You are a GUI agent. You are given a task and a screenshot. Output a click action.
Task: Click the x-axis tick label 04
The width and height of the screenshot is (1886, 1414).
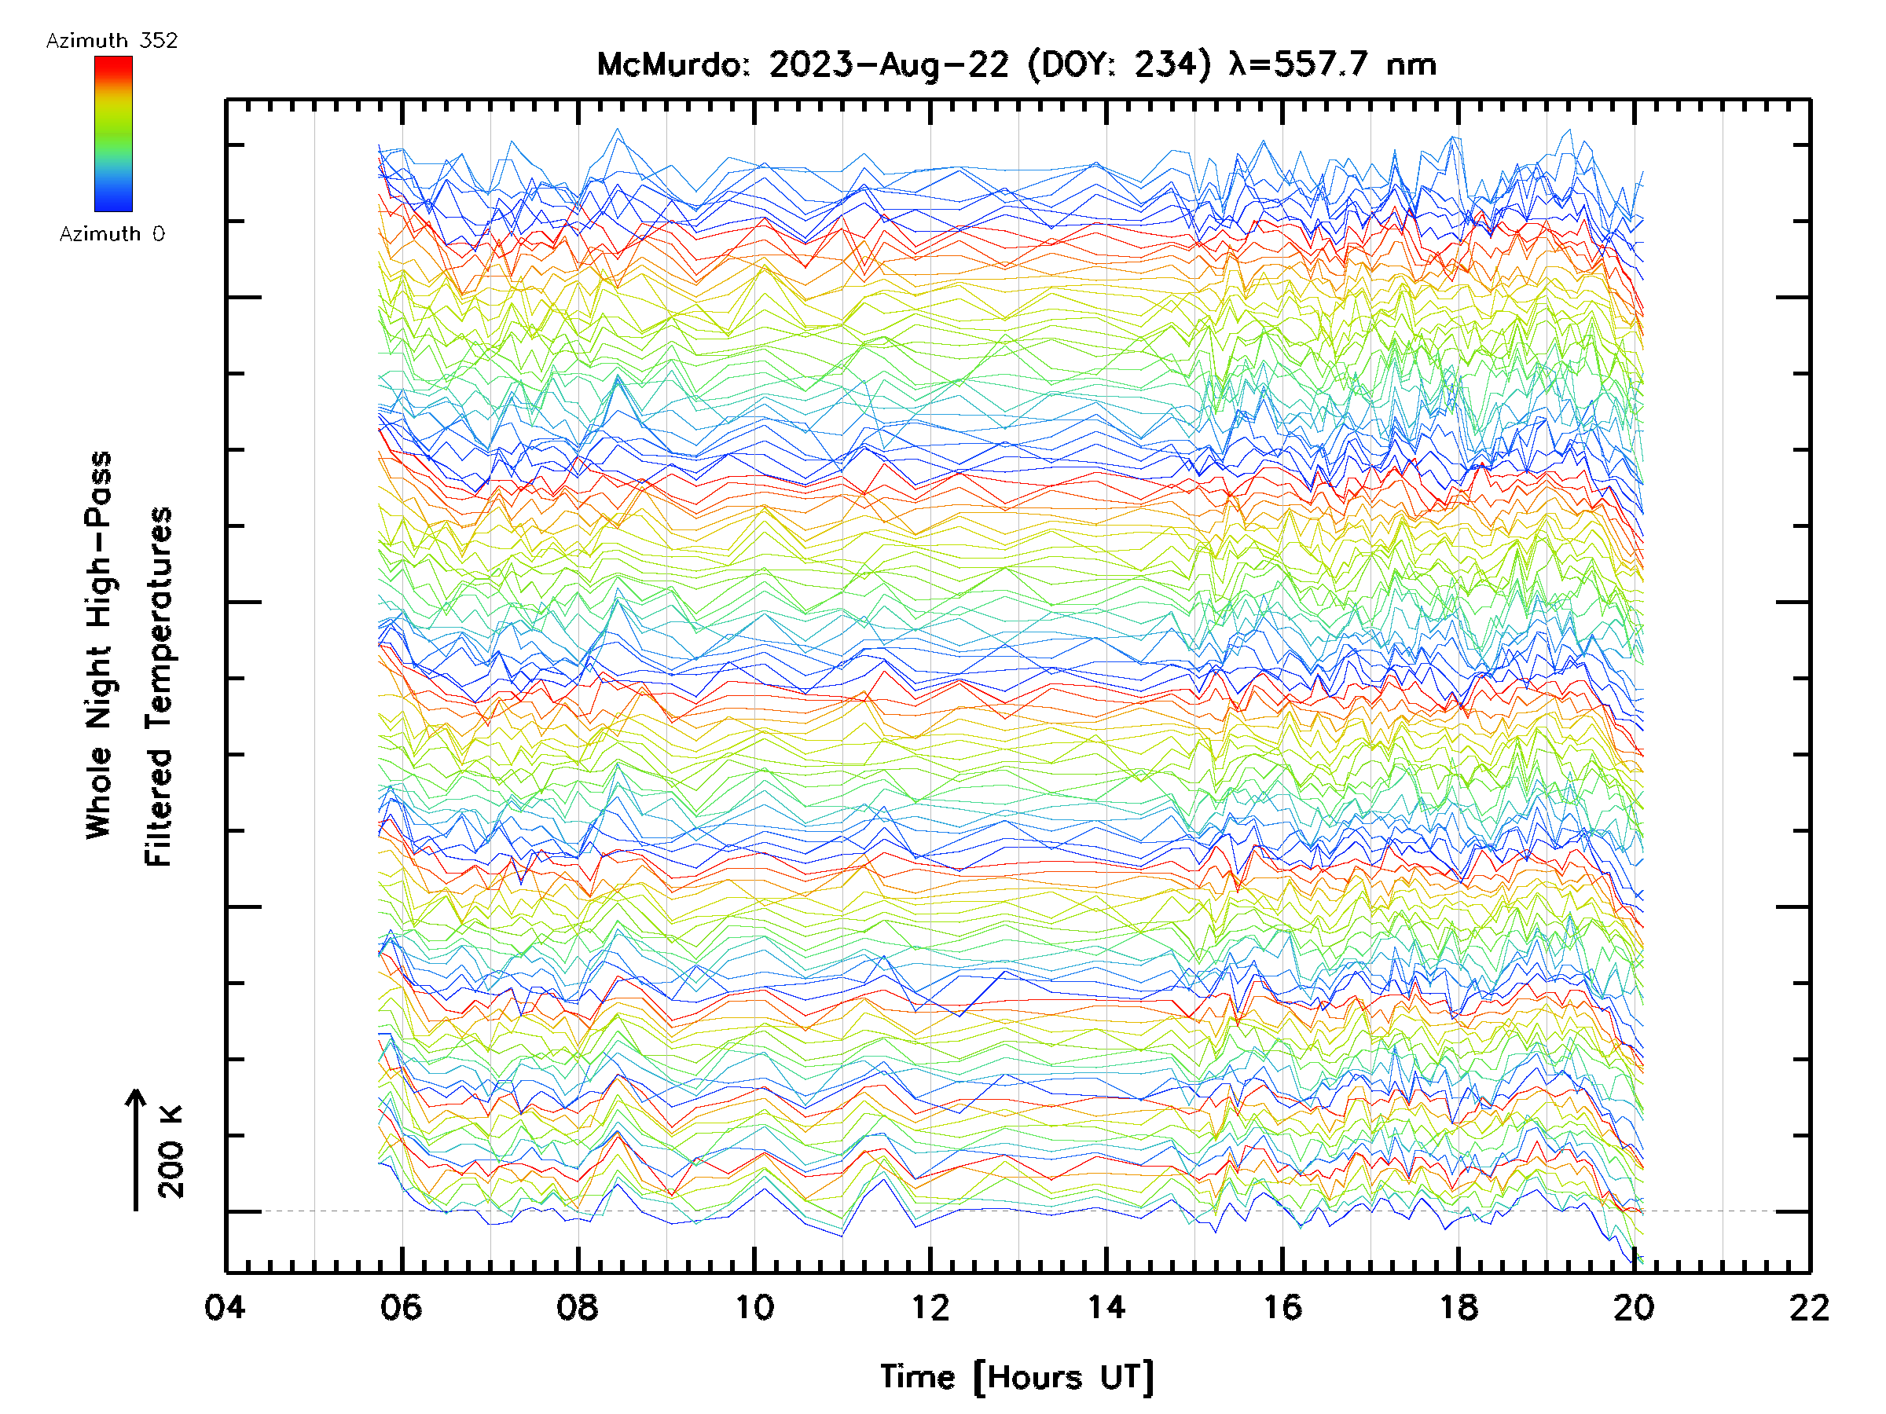[x=225, y=1307]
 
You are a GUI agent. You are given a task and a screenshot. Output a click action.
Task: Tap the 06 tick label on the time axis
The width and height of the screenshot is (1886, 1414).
[x=402, y=1307]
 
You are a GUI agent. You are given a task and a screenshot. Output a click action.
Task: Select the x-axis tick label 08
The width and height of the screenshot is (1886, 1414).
[x=578, y=1307]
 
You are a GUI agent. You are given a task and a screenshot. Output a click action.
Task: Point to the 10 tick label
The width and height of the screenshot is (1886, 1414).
[x=754, y=1307]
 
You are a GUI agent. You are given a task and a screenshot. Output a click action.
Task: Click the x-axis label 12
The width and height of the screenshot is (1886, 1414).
[x=930, y=1307]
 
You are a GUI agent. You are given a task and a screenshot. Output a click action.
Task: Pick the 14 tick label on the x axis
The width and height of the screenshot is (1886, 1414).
[x=1106, y=1307]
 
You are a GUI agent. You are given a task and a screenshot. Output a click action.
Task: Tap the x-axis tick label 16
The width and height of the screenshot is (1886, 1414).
[x=1282, y=1307]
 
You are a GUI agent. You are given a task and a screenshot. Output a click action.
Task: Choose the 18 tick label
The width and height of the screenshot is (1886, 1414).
[x=1458, y=1307]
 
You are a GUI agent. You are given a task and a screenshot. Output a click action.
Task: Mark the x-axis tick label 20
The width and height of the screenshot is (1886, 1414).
[x=1634, y=1307]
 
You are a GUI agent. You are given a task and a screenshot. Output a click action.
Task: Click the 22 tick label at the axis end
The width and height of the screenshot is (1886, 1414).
[x=1809, y=1307]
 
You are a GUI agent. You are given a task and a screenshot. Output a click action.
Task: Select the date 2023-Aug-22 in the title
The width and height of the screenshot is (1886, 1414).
[x=889, y=64]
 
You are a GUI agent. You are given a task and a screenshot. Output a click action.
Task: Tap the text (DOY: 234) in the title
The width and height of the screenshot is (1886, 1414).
[x=1119, y=64]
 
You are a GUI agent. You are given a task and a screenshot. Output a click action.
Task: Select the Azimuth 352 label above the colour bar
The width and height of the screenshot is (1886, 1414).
[x=112, y=41]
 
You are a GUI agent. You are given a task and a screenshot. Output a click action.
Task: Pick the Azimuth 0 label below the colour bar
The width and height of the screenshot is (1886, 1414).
[x=112, y=233]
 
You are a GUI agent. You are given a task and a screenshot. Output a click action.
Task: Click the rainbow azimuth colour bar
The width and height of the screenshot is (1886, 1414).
[x=113, y=134]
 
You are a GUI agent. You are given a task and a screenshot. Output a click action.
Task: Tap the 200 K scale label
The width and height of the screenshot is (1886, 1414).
[x=171, y=1152]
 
